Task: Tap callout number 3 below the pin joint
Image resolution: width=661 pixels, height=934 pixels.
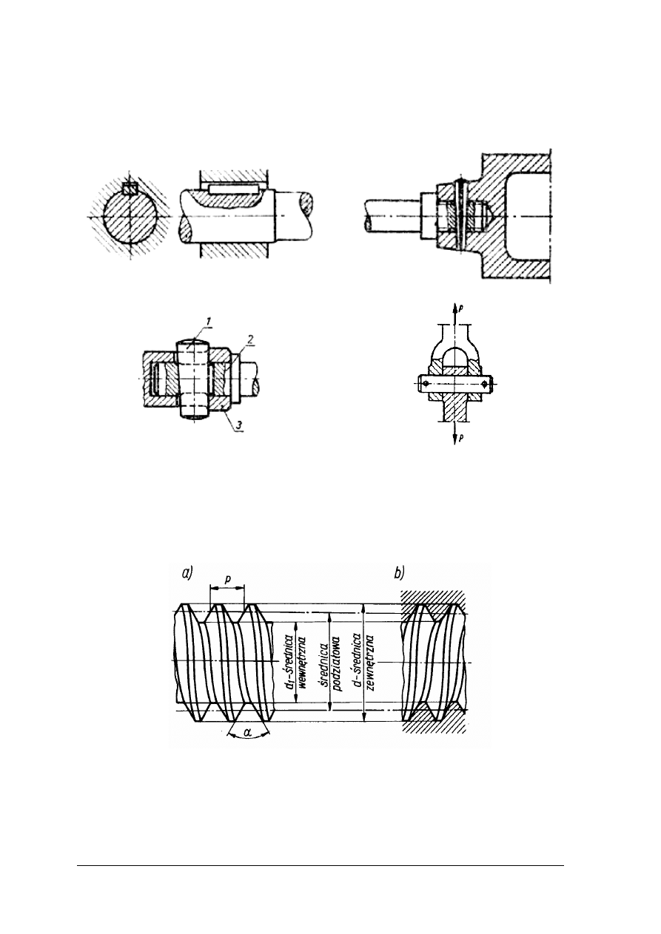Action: point(238,425)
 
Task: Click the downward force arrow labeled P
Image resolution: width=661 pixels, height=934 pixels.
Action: point(455,435)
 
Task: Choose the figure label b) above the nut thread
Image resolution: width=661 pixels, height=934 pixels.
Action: point(400,574)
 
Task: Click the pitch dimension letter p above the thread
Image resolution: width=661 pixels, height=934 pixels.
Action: point(227,580)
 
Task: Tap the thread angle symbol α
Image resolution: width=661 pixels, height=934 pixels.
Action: point(247,743)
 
